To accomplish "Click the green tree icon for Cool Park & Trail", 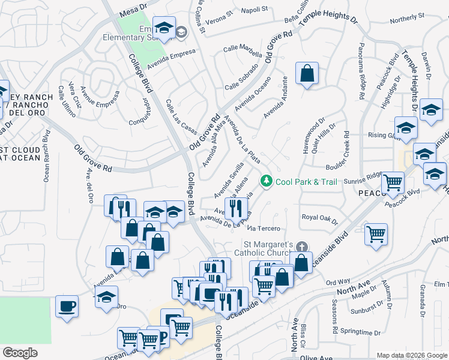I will (265, 181).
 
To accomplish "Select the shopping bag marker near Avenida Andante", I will (307, 74).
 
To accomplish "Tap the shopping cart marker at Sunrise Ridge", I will (393, 182).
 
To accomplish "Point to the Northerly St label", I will (406, 18).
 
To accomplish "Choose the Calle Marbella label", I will (243, 49).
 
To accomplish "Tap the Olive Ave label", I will (316, 357).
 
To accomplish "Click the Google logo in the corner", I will (20, 353).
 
